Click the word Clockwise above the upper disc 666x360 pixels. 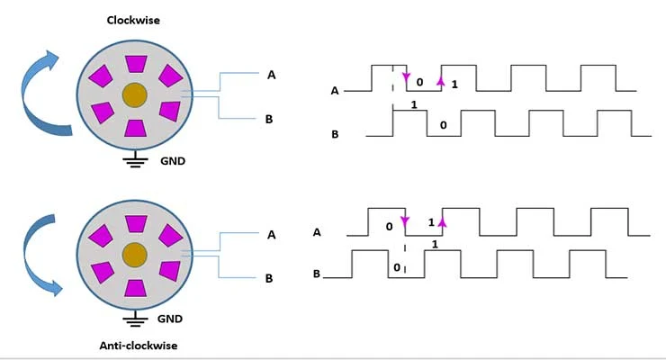[133, 21]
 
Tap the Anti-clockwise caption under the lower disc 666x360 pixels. [139, 346]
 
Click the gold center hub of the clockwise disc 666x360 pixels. [135, 95]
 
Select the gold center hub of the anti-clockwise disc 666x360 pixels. [135, 255]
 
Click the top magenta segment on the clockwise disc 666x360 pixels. [136, 64]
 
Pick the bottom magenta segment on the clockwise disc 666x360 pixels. [136, 128]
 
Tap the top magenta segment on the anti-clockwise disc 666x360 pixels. [136, 224]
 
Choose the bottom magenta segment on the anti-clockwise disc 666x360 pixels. [136, 288]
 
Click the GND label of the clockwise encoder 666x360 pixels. [173, 161]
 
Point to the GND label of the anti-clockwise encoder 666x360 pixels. [170, 319]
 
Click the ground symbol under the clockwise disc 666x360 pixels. [136, 159]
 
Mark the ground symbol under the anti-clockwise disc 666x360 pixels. [135, 319]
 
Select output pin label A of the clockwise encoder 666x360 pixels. [272, 75]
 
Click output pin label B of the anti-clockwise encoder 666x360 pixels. [269, 278]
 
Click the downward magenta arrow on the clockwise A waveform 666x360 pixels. [406, 77]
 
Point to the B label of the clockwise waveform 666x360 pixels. [335, 134]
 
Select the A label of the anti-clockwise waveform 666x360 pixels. [317, 232]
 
